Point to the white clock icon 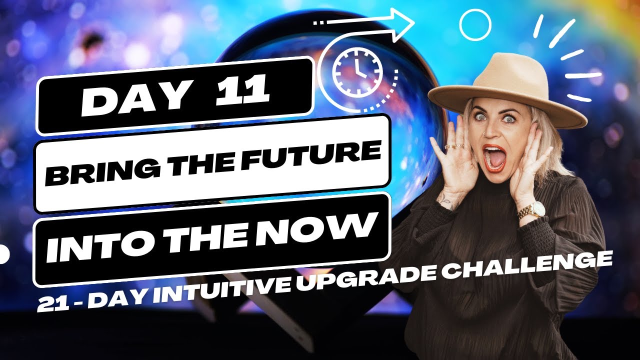[357, 71]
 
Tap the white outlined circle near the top [475, 24]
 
